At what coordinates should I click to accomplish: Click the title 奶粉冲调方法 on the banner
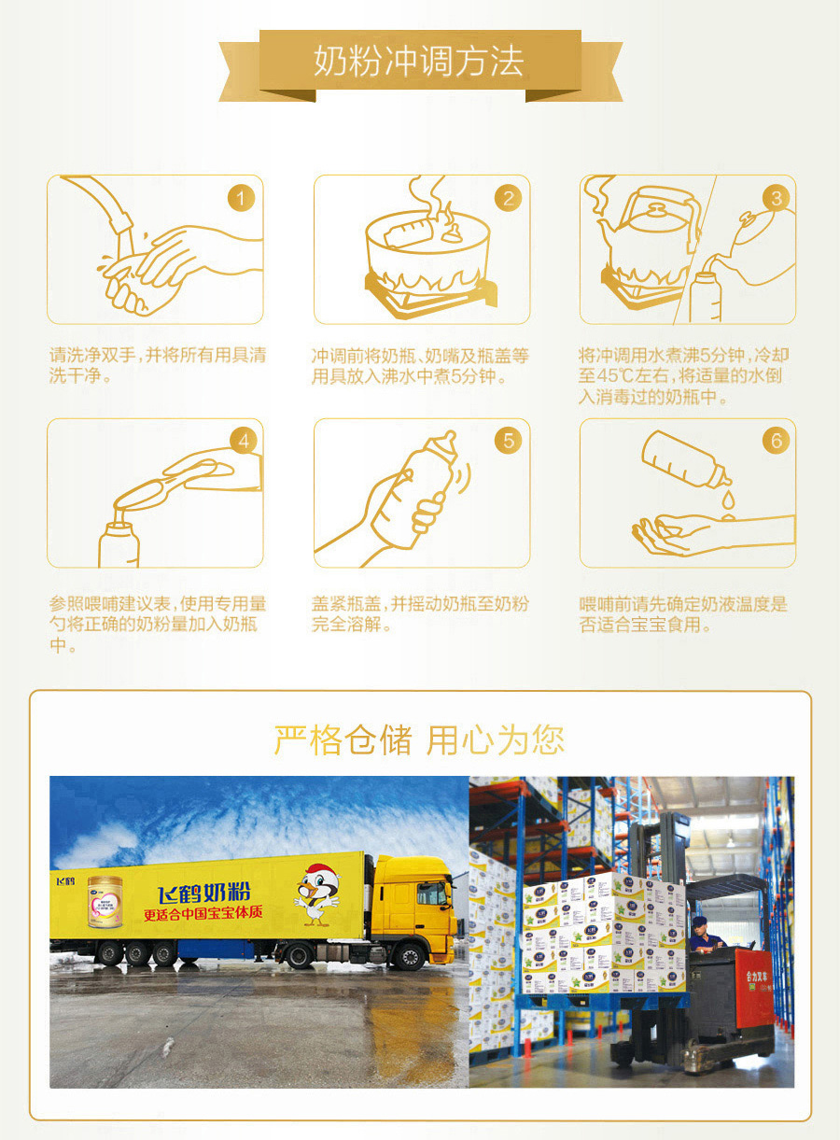click(x=419, y=63)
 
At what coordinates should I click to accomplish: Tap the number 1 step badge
click(x=241, y=199)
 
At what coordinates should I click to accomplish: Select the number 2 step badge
click(x=508, y=199)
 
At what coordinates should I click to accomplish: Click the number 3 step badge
click(x=776, y=199)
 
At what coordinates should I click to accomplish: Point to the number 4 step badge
click(x=243, y=441)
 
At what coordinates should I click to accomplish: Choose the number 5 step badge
click(x=508, y=441)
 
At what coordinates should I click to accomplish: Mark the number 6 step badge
click(x=776, y=441)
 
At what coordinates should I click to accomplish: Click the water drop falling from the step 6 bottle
click(x=727, y=500)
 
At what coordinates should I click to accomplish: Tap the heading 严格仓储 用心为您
click(x=419, y=739)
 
